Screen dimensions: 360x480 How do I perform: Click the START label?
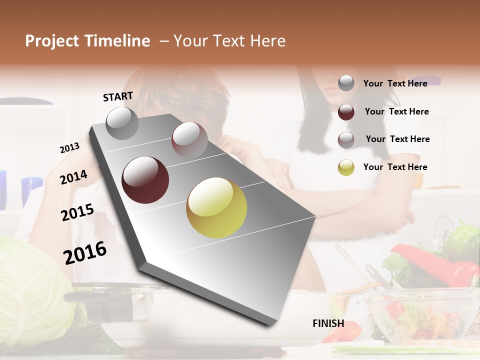point(118,96)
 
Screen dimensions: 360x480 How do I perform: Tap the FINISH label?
point(328,323)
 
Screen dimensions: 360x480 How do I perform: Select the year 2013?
point(69,148)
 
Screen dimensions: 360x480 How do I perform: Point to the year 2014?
point(73,177)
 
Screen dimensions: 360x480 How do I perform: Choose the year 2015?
point(77,212)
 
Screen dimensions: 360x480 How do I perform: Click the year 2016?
point(85,253)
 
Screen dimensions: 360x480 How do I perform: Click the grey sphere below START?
point(122,123)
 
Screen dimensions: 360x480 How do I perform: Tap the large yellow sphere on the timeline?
point(216,207)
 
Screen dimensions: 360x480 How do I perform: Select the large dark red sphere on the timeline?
point(145,180)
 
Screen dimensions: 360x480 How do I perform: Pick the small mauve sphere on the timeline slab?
point(189,139)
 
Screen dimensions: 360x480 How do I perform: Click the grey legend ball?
point(346,83)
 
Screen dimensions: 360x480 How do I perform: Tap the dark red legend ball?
point(346,111)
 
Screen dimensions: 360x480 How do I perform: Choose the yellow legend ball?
point(346,167)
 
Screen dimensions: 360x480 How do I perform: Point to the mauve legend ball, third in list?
point(346,139)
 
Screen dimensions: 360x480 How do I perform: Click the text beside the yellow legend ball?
point(395,167)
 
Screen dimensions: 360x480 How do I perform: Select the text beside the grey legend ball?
point(395,83)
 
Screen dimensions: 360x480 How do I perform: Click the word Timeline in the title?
point(116,41)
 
